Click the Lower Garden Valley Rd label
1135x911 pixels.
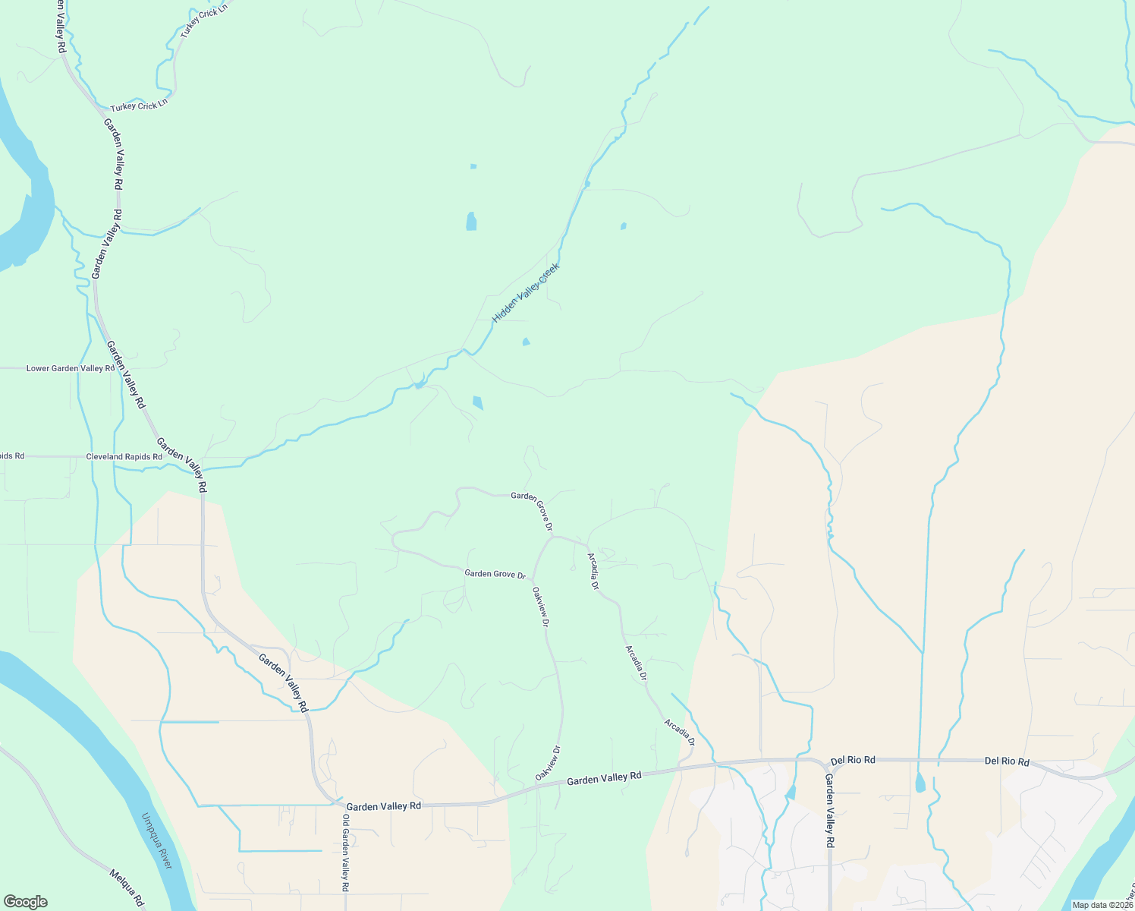pos(71,368)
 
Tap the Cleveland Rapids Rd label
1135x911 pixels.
pos(124,457)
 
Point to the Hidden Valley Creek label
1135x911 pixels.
pos(526,292)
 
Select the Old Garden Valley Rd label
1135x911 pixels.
pos(345,853)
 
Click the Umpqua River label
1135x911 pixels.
pos(157,841)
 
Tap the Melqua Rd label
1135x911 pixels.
pos(127,887)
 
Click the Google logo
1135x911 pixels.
pos(25,902)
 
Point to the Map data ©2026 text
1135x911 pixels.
pos(1102,905)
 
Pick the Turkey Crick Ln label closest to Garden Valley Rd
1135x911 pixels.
pos(138,106)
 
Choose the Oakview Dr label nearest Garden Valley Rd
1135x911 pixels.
pos(547,764)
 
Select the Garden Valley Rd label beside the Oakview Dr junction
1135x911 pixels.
pos(604,777)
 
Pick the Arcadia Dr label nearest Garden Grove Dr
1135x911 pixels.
pos(593,572)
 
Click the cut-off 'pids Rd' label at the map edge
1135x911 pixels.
pos(12,456)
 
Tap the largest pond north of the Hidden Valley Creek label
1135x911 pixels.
pos(471,222)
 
